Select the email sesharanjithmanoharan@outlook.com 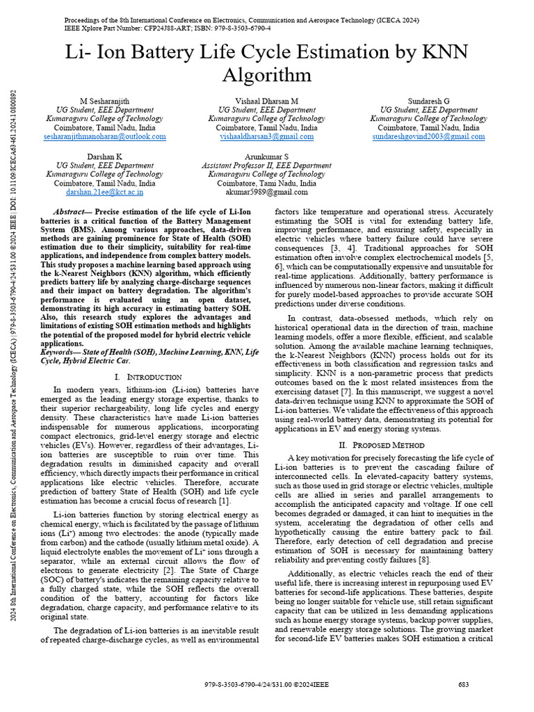click(104, 137)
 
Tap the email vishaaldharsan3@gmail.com click(266, 137)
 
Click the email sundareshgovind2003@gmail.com click(428, 137)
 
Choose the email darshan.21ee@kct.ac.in click(104, 192)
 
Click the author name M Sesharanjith click(104, 101)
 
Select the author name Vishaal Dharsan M click(266, 101)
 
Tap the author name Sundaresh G click(428, 101)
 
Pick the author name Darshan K click(104, 156)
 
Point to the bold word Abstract click(72, 211)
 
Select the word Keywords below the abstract click(60, 353)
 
